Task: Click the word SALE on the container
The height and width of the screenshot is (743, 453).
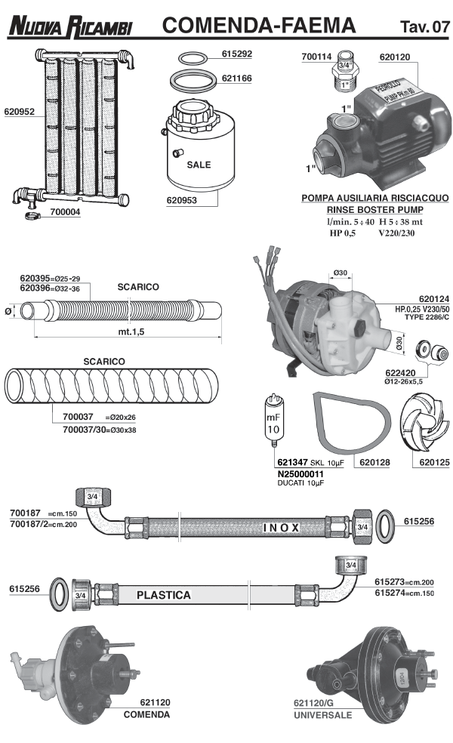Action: [x=199, y=165]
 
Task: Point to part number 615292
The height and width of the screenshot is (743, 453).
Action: [x=237, y=55]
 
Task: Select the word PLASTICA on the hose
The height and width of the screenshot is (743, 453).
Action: [x=163, y=595]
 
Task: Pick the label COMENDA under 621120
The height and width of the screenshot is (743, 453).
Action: [x=146, y=714]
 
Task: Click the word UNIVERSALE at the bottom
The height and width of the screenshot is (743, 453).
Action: [x=323, y=714]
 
